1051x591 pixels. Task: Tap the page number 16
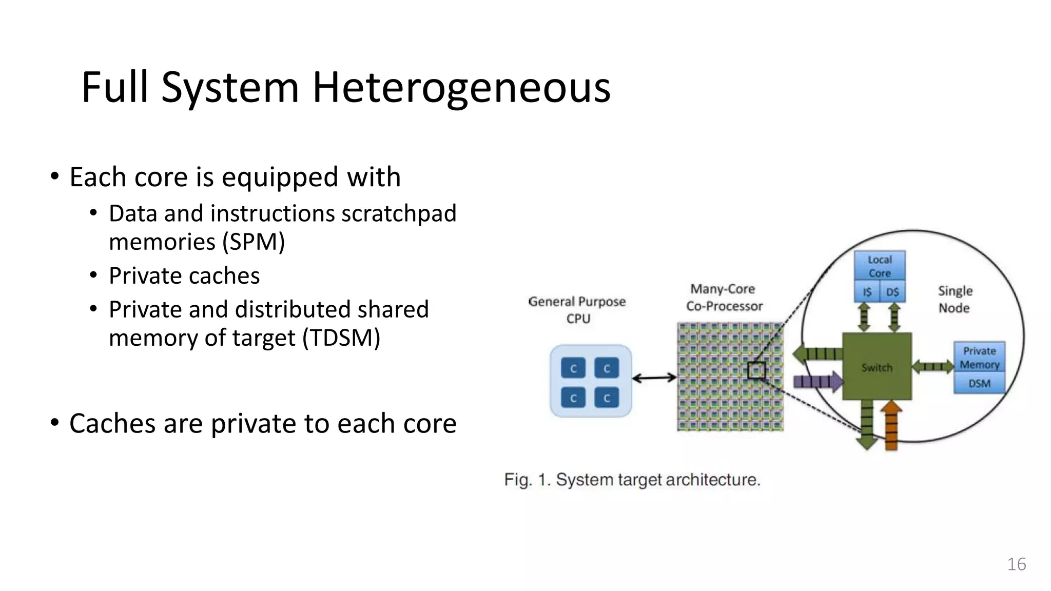pos(1016,564)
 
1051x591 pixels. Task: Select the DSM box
pos(979,383)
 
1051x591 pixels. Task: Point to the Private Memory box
pos(979,357)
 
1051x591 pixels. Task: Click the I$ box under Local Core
pos(867,292)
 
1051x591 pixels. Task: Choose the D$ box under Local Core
pos(892,292)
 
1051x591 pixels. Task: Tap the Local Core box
pos(880,266)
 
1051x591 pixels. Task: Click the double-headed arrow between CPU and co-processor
pos(654,378)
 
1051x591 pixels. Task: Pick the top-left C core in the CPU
pos(573,368)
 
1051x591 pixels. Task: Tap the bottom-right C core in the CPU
pos(607,398)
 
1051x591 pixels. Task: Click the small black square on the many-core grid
pos(756,370)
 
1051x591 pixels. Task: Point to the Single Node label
pos(955,299)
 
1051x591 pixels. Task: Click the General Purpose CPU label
pos(577,309)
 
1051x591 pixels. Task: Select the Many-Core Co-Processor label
pos(724,298)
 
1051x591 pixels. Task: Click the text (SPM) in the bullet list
pos(254,242)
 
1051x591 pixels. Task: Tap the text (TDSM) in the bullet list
pos(341,338)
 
